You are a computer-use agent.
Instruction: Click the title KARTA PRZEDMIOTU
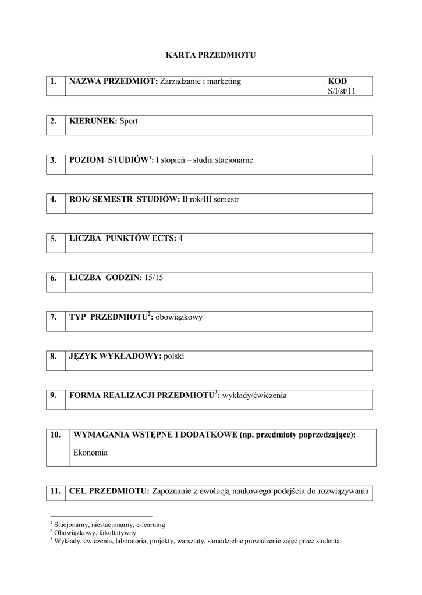tap(211, 55)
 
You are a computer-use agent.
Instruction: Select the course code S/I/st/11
tap(342, 91)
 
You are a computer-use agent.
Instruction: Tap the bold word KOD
tap(337, 81)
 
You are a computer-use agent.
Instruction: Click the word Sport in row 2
tap(129, 121)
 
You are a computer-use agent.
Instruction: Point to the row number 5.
tap(54, 238)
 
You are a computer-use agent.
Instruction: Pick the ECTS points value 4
tap(180, 238)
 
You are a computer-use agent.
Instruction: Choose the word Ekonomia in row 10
tap(91, 453)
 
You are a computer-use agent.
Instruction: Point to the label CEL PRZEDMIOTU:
tap(109, 491)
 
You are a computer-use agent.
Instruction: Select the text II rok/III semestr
tap(211, 199)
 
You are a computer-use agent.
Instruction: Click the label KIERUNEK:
tap(93, 121)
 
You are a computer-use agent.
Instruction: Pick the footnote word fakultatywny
tap(118, 532)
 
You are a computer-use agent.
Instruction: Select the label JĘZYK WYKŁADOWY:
tap(115, 356)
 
